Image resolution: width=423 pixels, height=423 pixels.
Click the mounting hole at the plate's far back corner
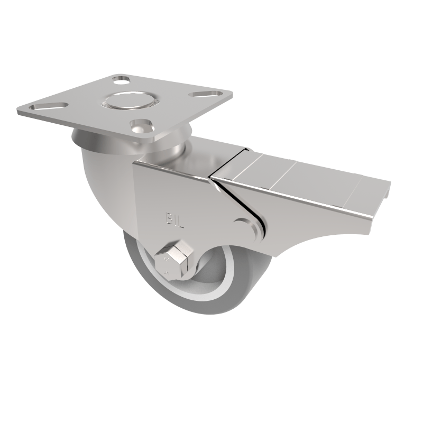(x=121, y=80)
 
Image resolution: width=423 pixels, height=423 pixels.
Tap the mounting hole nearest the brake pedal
(x=141, y=127)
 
